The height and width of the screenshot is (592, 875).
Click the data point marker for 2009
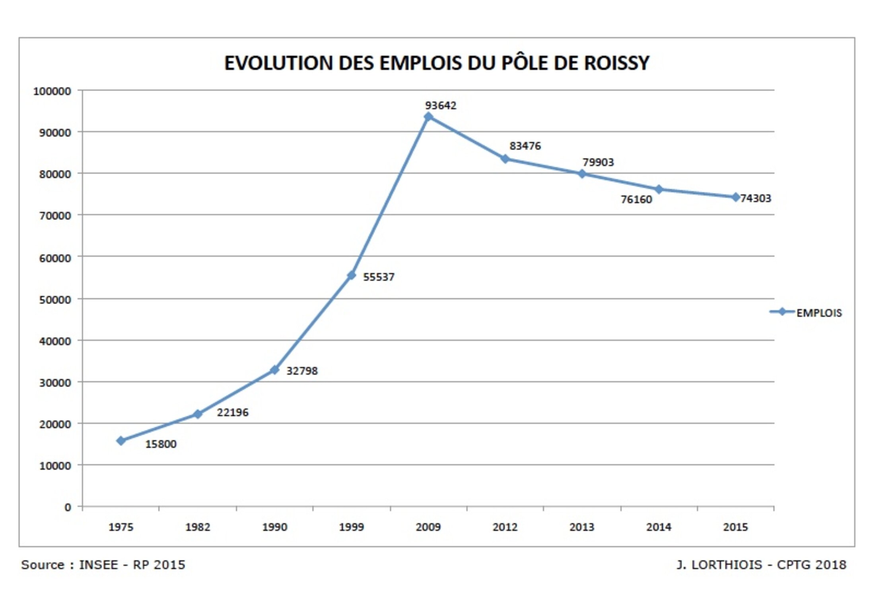click(x=428, y=116)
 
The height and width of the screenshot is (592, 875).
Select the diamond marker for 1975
click(x=121, y=441)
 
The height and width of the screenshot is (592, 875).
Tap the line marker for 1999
click(x=351, y=275)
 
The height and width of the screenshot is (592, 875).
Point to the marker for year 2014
click(x=659, y=189)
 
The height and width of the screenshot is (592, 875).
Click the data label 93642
click(x=441, y=105)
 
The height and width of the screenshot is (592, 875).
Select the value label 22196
click(x=232, y=412)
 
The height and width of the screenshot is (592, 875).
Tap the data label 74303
click(x=755, y=198)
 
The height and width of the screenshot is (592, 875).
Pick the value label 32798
click(x=302, y=371)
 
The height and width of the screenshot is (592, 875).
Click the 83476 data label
click(x=525, y=146)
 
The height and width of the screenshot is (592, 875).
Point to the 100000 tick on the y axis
click(x=52, y=91)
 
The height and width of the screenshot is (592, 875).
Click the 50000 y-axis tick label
click(x=55, y=300)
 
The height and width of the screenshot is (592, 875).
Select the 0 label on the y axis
click(x=68, y=507)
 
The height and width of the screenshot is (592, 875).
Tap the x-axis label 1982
click(x=198, y=527)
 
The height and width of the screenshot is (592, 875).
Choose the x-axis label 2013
click(x=581, y=527)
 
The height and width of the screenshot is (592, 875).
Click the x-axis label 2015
click(x=735, y=527)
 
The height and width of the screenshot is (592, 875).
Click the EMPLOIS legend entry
click(x=819, y=313)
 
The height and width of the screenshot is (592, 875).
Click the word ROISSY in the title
click(x=616, y=63)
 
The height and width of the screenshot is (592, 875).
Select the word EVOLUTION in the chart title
click(x=278, y=63)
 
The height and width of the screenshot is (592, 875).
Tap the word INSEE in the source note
click(x=98, y=565)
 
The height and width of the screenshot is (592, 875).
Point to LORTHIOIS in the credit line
click(x=727, y=565)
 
